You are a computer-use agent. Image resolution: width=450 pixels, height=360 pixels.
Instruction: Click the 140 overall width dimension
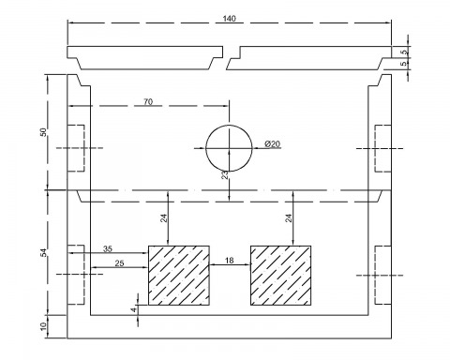(x=229, y=19)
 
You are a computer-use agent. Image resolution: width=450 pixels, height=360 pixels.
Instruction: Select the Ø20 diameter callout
(x=272, y=144)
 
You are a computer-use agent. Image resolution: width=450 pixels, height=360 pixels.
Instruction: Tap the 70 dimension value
(x=148, y=102)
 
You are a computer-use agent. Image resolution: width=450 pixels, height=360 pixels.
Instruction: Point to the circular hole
(x=206, y=148)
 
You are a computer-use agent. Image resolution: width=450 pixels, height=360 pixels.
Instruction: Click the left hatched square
(x=179, y=276)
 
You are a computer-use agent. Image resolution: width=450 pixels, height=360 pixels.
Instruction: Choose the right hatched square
(x=280, y=276)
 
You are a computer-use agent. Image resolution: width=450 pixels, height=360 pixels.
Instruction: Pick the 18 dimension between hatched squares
(x=230, y=260)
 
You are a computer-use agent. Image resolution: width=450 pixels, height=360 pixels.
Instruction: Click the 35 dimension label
(x=108, y=248)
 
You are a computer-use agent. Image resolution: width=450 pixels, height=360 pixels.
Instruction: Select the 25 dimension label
(x=119, y=263)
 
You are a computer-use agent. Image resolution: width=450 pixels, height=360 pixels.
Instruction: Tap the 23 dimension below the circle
(x=225, y=175)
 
